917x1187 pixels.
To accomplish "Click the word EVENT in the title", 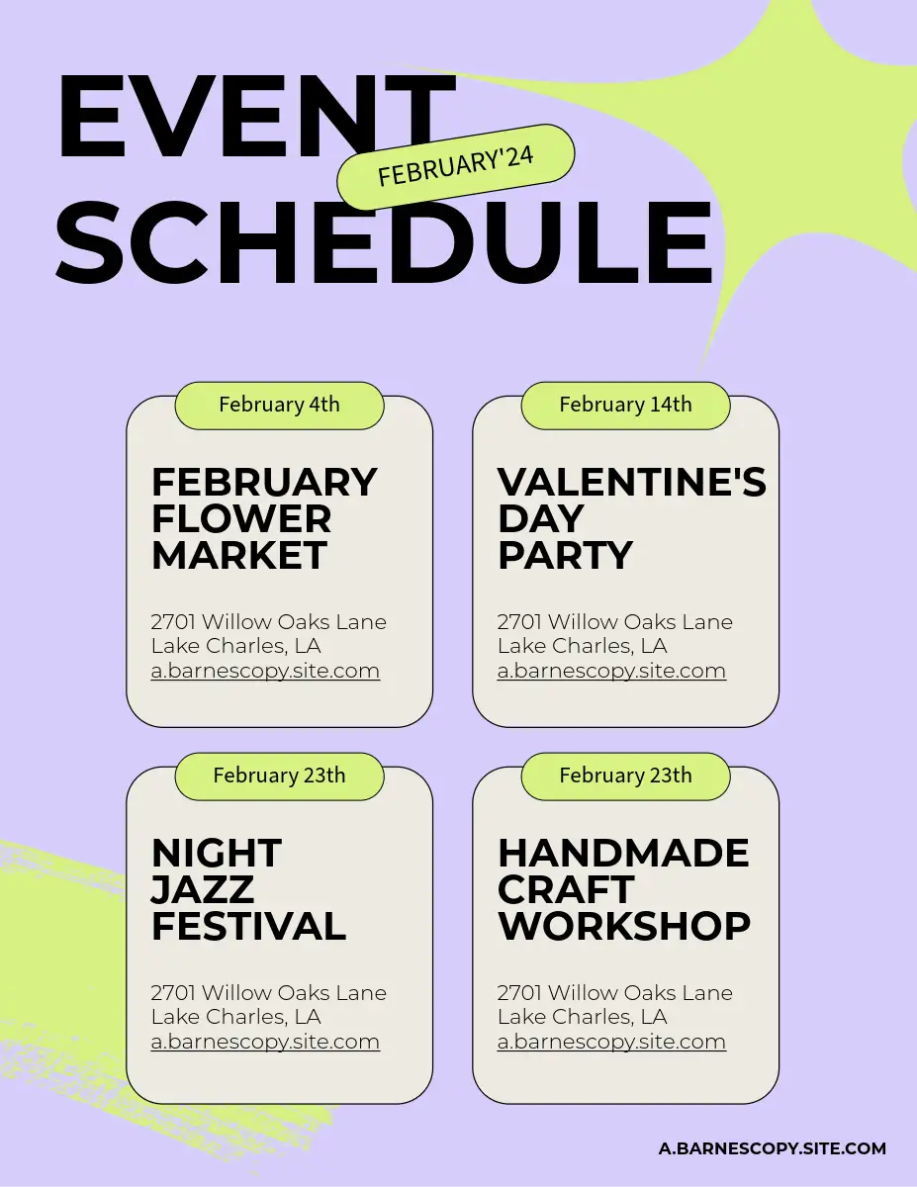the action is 256,117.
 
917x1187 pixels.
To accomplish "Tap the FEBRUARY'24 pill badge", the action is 455,166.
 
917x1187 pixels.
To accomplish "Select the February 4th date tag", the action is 279,406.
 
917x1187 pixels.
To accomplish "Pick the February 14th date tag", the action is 625,406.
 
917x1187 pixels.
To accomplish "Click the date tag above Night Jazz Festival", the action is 279,776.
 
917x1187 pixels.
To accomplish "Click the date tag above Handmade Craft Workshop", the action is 625,776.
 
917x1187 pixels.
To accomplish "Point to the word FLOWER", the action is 241,518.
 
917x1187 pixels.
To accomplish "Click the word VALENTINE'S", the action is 632,482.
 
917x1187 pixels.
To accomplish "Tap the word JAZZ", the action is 203,889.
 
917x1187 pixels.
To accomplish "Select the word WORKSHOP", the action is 624,926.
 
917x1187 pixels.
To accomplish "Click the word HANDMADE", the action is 623,853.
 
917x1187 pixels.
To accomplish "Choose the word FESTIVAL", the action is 248,926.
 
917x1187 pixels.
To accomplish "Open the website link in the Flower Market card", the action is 265,671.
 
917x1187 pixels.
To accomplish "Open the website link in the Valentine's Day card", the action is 611,671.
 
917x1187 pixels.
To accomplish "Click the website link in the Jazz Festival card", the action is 265,1042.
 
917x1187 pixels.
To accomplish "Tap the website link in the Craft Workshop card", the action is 611,1042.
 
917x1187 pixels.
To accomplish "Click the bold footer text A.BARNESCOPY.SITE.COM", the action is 773,1148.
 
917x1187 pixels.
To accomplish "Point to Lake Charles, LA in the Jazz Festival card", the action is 236,1017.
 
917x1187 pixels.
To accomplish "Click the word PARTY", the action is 565,555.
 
